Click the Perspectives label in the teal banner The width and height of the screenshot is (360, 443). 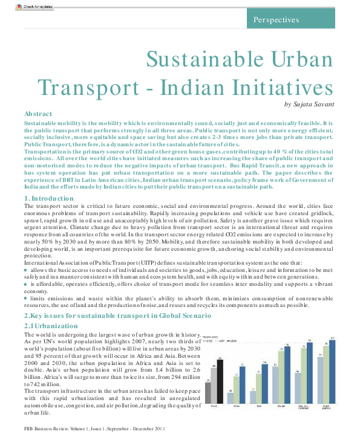click(277, 19)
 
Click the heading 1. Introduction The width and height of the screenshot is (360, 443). click(50, 164)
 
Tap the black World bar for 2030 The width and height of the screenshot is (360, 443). click(220, 381)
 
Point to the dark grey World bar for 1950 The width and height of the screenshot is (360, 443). click(208, 393)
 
